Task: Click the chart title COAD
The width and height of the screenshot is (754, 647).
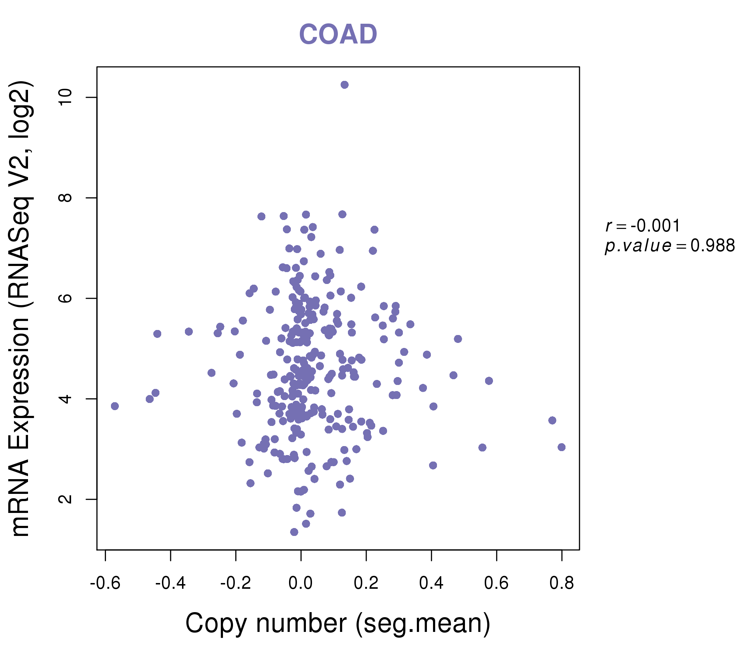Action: pyautogui.click(x=338, y=35)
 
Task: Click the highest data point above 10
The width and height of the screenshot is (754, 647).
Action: pyautogui.click(x=344, y=85)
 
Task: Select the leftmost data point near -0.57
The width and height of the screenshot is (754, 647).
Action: pyautogui.click(x=115, y=406)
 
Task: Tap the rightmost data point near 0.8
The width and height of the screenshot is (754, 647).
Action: pyautogui.click(x=562, y=447)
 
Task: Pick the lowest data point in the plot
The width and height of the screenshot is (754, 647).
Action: pyautogui.click(x=294, y=532)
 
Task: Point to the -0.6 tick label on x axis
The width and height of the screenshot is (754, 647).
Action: pyautogui.click(x=105, y=583)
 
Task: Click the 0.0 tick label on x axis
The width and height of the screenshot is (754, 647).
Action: pyautogui.click(x=301, y=583)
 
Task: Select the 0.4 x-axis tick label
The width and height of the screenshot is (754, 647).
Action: pyautogui.click(x=431, y=583)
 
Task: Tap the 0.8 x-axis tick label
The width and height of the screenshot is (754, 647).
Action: pyautogui.click(x=562, y=583)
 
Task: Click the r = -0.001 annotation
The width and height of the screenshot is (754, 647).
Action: pyautogui.click(x=643, y=226)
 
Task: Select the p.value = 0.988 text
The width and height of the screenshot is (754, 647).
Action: pyautogui.click(x=670, y=246)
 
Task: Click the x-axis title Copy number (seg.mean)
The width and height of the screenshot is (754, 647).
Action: pyautogui.click(x=338, y=624)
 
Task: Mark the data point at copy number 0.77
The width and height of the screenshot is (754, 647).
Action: pyautogui.click(x=552, y=421)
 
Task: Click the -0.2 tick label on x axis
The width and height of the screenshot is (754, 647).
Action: pyautogui.click(x=236, y=583)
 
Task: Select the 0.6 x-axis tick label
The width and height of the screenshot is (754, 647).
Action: pyautogui.click(x=496, y=583)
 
